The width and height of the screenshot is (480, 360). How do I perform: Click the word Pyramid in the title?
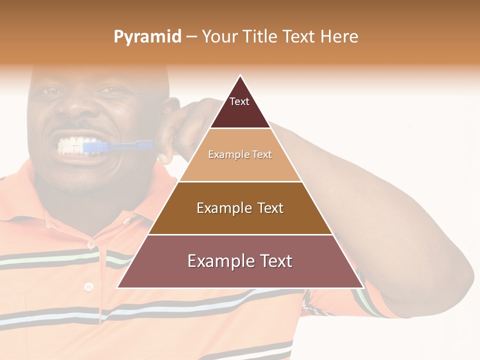[x=147, y=37]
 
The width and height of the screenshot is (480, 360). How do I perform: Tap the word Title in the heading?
[x=260, y=36]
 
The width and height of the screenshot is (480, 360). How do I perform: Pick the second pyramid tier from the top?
[x=240, y=155]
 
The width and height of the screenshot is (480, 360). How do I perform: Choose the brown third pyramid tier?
[x=240, y=208]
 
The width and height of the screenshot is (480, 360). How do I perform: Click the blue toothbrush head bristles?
[x=94, y=146]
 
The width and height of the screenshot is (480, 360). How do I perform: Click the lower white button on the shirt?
[x=89, y=286]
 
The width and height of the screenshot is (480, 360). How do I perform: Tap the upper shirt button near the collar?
[x=90, y=245]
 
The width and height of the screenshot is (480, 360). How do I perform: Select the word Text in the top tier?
[x=239, y=102]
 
